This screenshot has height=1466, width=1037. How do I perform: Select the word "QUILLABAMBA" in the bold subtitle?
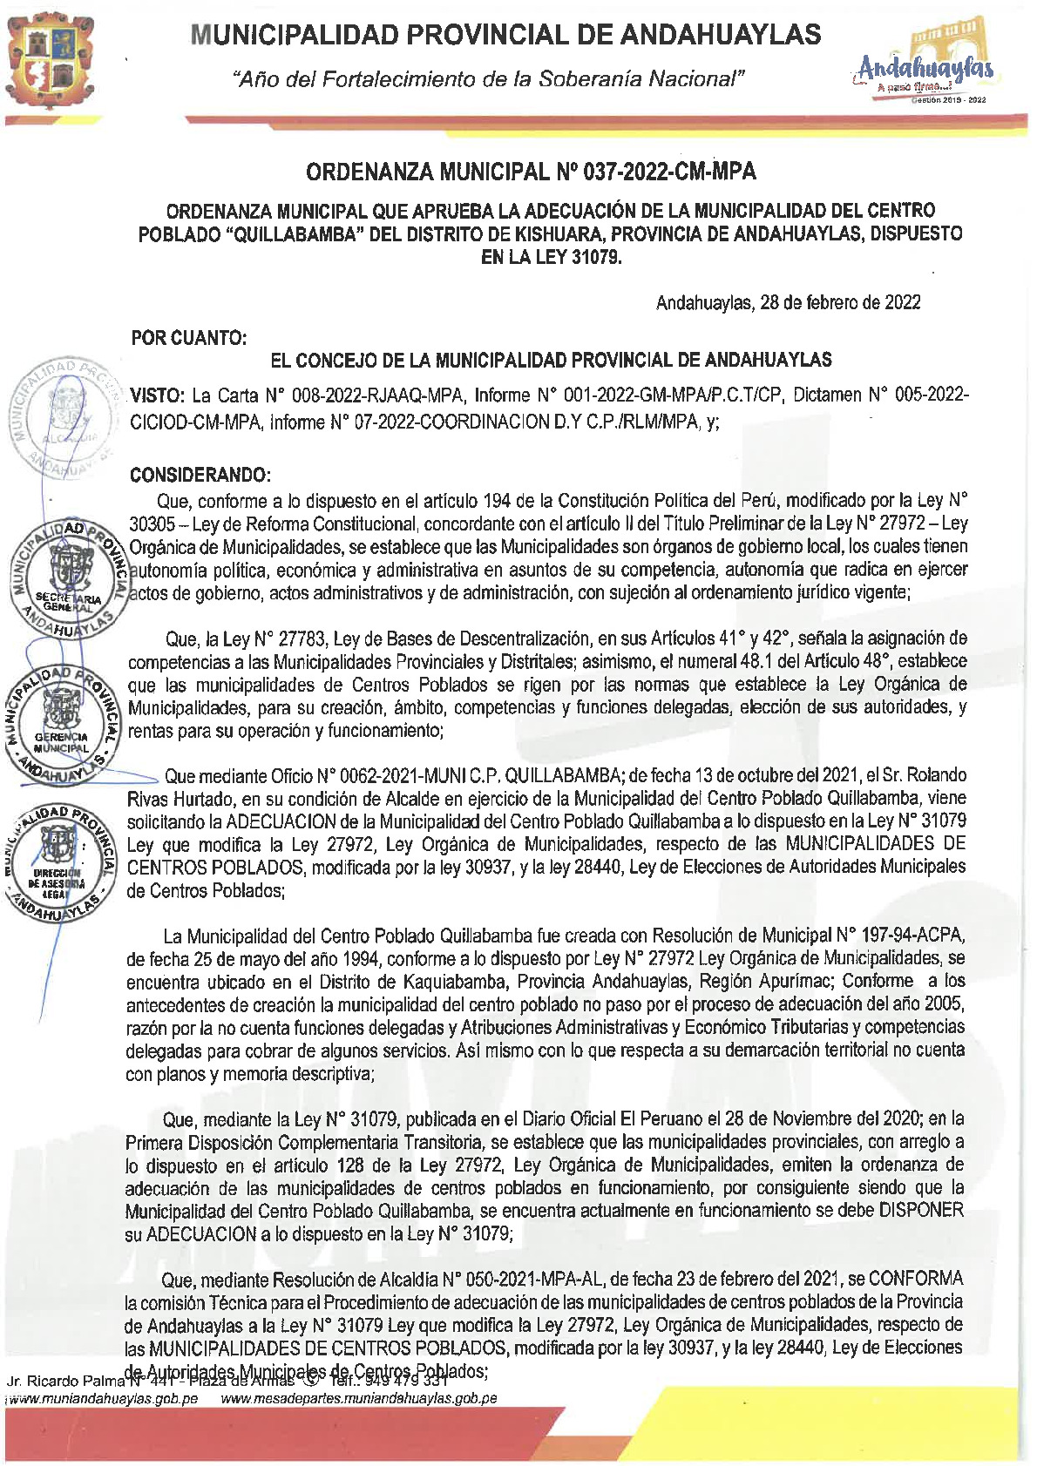point(298,234)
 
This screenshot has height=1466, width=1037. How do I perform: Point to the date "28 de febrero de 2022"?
point(840,302)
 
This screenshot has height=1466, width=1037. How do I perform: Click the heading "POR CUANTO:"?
point(189,338)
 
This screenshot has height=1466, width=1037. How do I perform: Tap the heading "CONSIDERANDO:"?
point(200,475)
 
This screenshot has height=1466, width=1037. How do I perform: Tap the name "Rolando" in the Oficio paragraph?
point(934,775)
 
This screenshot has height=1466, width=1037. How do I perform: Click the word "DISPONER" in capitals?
point(920,1211)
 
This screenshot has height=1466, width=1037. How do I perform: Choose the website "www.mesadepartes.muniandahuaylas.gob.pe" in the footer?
point(359,1399)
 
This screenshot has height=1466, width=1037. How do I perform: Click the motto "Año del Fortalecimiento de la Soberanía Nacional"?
point(489,80)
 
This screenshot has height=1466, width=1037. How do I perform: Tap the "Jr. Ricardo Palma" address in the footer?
point(66,1382)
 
